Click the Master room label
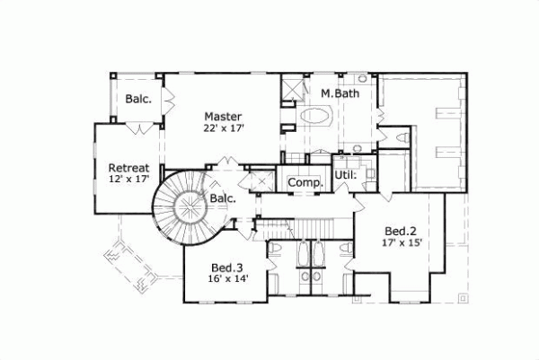[x=220, y=116]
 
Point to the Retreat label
[x=128, y=168]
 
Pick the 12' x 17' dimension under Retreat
[x=128, y=180]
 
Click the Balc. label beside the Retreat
[x=137, y=99]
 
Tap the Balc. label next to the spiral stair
[x=223, y=198]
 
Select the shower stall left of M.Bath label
[x=293, y=90]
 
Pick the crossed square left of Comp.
[x=261, y=180]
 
